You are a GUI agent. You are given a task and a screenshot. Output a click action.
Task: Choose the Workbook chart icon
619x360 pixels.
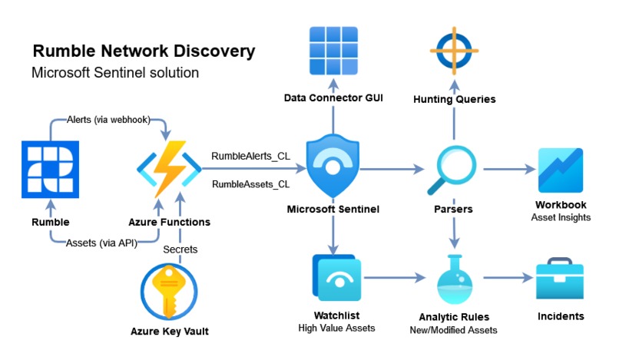(561, 170)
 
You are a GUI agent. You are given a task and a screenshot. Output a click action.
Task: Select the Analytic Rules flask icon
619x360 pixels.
(455, 281)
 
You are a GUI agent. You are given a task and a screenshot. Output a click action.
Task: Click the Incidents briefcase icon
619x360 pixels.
(561, 281)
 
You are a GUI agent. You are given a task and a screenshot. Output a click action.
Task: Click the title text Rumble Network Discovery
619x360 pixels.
(144, 51)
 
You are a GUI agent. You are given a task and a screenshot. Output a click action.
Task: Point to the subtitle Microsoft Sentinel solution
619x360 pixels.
(115, 73)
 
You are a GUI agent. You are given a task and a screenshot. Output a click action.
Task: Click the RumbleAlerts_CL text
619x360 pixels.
(250, 156)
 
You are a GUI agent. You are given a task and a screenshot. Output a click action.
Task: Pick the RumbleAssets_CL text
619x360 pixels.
(250, 184)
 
